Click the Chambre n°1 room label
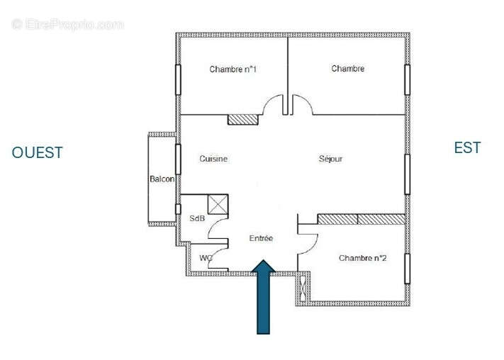233,69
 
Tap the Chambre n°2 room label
362,258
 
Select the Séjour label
330,159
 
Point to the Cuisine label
213,159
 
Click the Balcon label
162,179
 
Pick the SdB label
197,218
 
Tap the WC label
206,258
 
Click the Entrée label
261,239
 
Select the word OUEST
38,152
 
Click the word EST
467,147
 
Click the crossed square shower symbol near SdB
217,205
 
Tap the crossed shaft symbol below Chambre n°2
304,288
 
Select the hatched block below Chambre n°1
242,119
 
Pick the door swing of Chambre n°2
308,237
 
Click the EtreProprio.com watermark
67,24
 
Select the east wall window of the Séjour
407,174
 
